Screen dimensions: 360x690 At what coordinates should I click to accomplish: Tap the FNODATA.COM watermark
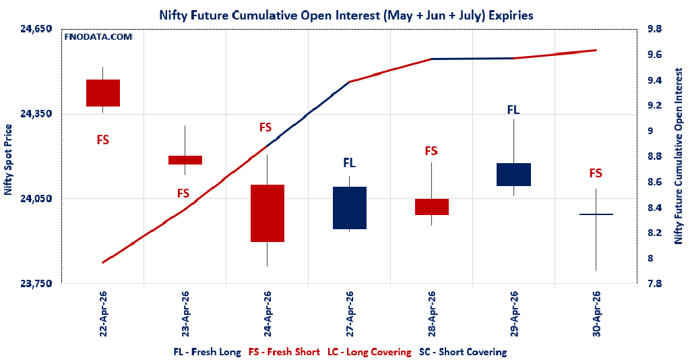(98, 37)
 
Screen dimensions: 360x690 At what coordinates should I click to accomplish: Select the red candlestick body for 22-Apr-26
(103, 93)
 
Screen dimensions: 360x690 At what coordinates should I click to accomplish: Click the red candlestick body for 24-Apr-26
(268, 213)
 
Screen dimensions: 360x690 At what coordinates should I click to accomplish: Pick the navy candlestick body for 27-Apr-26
(350, 208)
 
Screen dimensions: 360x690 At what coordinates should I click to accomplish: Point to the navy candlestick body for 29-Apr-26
(514, 175)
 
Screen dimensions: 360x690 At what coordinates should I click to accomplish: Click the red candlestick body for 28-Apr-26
(432, 207)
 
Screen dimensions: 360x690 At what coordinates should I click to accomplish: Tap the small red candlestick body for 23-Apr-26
(185, 160)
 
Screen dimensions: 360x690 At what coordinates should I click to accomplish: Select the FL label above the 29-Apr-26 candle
(513, 109)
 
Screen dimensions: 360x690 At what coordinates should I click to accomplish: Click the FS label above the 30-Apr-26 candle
(596, 173)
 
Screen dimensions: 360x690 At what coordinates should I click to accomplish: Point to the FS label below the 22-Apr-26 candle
(103, 140)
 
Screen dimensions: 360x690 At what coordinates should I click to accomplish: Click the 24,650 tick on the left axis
(36, 29)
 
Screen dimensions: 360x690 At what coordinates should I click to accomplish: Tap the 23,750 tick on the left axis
(36, 284)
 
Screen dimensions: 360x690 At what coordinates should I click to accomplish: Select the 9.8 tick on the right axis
(654, 29)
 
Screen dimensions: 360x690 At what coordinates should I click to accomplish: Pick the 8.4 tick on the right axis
(654, 208)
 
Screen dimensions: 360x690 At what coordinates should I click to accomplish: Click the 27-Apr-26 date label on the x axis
(350, 313)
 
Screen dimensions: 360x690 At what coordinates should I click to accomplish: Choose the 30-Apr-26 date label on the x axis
(596, 313)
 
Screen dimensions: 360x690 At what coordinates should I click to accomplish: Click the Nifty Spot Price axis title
(8, 160)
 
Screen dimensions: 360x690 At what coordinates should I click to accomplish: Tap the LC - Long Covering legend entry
(369, 352)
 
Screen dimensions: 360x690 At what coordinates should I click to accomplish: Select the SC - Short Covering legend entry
(463, 352)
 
